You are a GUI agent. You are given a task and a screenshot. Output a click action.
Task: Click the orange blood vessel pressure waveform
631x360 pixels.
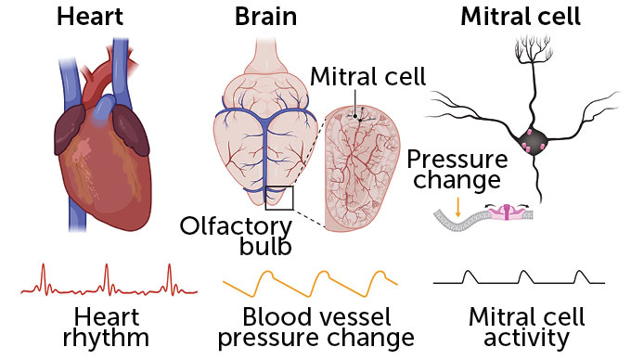coord(311,277)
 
